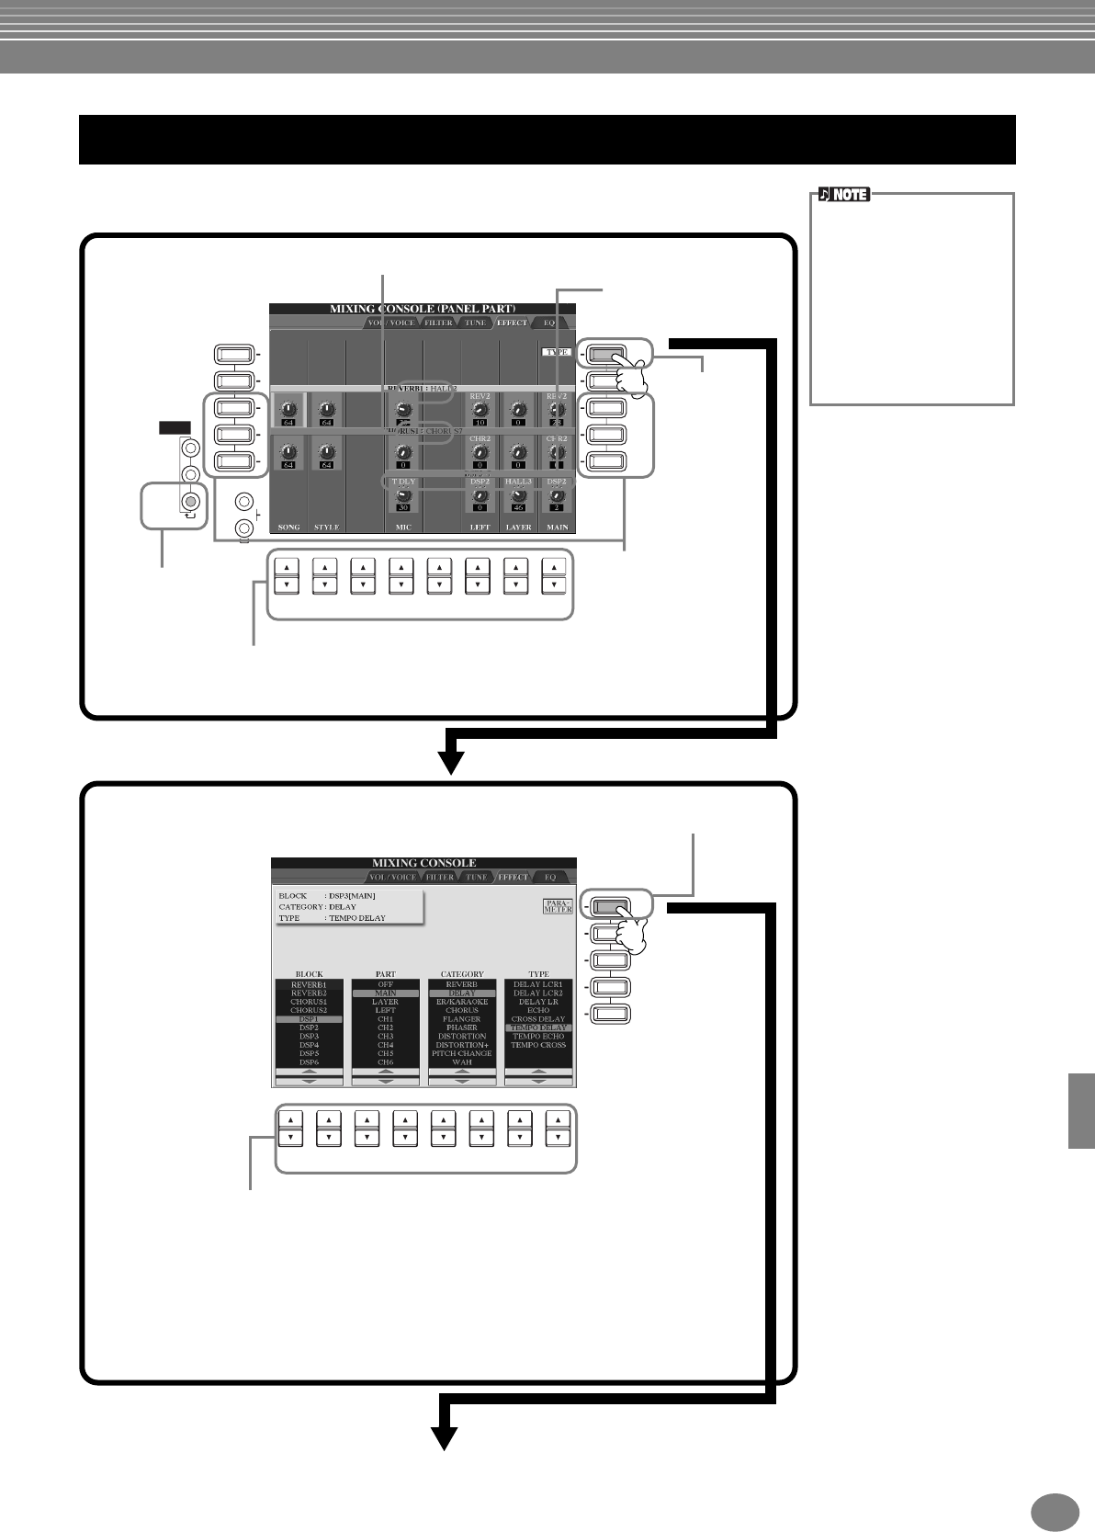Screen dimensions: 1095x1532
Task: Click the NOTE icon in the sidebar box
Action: (843, 195)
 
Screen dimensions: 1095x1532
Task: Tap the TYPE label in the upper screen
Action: (557, 352)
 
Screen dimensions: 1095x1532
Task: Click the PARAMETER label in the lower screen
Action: (558, 906)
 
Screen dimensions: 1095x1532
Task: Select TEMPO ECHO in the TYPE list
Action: (538, 1037)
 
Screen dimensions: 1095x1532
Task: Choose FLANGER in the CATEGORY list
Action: (462, 1019)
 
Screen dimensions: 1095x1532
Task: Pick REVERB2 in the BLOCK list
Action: (309, 993)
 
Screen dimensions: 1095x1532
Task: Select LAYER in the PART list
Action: (386, 1002)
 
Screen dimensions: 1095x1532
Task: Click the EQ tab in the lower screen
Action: (550, 878)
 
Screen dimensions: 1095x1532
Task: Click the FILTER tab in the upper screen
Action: (438, 323)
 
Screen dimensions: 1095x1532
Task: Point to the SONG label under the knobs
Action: (288, 528)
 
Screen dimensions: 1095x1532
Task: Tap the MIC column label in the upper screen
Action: (402, 528)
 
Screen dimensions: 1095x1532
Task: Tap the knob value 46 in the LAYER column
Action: (518, 507)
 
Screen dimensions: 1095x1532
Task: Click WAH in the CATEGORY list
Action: (462, 1062)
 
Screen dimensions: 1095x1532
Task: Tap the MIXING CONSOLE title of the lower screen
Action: (423, 864)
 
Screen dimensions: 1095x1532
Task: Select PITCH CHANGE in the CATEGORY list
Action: (462, 1053)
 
